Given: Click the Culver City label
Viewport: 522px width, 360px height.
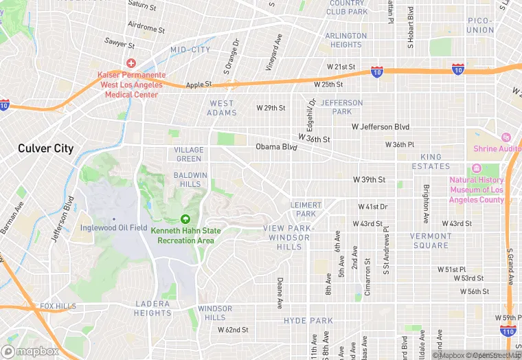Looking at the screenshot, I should tap(45, 148).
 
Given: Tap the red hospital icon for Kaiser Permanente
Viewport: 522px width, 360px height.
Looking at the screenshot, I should tap(130, 63).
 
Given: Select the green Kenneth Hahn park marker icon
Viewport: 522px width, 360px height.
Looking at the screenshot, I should tap(185, 219).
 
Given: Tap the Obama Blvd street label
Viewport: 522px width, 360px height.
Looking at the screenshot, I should tap(276, 147).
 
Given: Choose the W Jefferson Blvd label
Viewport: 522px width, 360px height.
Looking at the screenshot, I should tap(380, 127).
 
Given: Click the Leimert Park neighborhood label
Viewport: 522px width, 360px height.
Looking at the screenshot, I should tap(306, 210).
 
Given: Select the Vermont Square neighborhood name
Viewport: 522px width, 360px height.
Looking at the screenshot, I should tap(430, 240).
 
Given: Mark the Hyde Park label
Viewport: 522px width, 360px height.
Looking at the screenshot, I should tap(308, 321).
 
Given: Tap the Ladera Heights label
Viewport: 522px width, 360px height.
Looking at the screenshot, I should tap(152, 308).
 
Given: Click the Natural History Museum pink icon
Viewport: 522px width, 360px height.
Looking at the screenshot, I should tap(477, 169).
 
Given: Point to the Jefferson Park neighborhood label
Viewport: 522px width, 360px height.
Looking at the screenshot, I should tap(341, 107).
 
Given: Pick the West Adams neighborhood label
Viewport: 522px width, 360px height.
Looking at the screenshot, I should tap(223, 108).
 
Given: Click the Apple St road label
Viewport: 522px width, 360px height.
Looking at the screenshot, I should tap(198, 85).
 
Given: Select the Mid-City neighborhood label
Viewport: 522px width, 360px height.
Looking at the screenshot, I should tap(190, 50).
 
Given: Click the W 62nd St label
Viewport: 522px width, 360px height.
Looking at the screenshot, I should tap(233, 330).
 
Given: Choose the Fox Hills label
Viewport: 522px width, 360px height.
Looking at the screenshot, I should tap(58, 306).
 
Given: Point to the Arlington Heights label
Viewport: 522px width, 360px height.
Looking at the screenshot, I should tap(346, 40).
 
